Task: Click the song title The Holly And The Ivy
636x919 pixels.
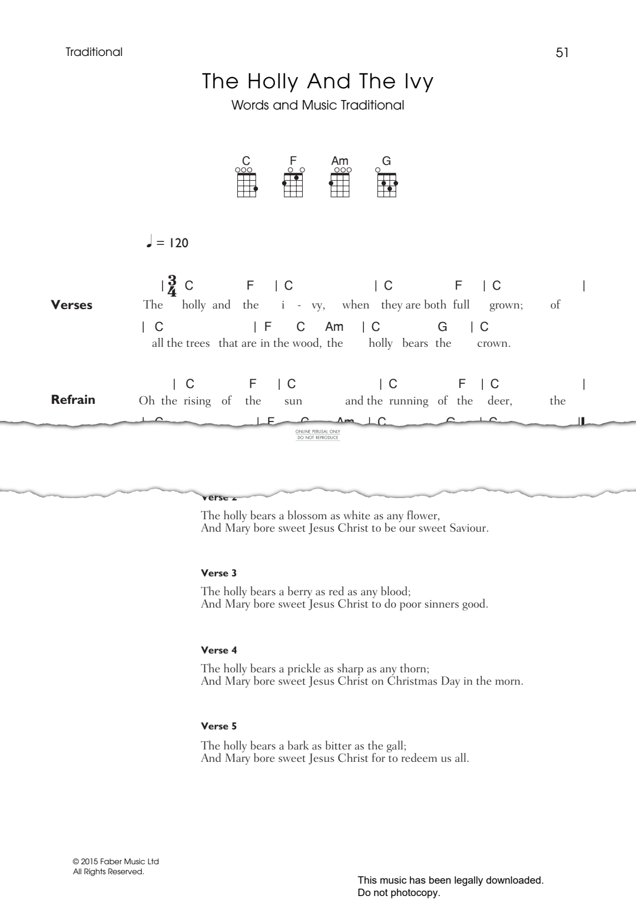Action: pyautogui.click(x=317, y=81)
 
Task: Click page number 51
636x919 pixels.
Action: pyautogui.click(x=562, y=52)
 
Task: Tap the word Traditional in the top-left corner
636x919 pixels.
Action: pyautogui.click(x=94, y=52)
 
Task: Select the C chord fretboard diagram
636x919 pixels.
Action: pyautogui.click(x=247, y=184)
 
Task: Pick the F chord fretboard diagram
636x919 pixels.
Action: pyautogui.click(x=293, y=184)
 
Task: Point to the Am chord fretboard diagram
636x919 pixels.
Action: pyautogui.click(x=340, y=184)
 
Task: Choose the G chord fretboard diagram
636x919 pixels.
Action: pyautogui.click(x=387, y=184)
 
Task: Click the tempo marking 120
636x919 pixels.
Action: pyautogui.click(x=178, y=243)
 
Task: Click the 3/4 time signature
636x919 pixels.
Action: pyautogui.click(x=172, y=286)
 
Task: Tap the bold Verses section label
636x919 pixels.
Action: pyautogui.click(x=72, y=305)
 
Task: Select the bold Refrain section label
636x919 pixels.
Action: pyautogui.click(x=73, y=400)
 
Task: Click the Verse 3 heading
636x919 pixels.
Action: pyautogui.click(x=218, y=573)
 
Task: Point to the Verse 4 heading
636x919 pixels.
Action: pyautogui.click(x=218, y=650)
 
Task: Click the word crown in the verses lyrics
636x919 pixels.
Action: pyautogui.click(x=493, y=343)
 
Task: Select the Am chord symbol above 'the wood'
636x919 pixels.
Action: pyautogui.click(x=334, y=327)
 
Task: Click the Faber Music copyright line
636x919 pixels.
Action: pyautogui.click(x=116, y=861)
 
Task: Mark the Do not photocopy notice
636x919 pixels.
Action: pyautogui.click(x=399, y=893)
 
